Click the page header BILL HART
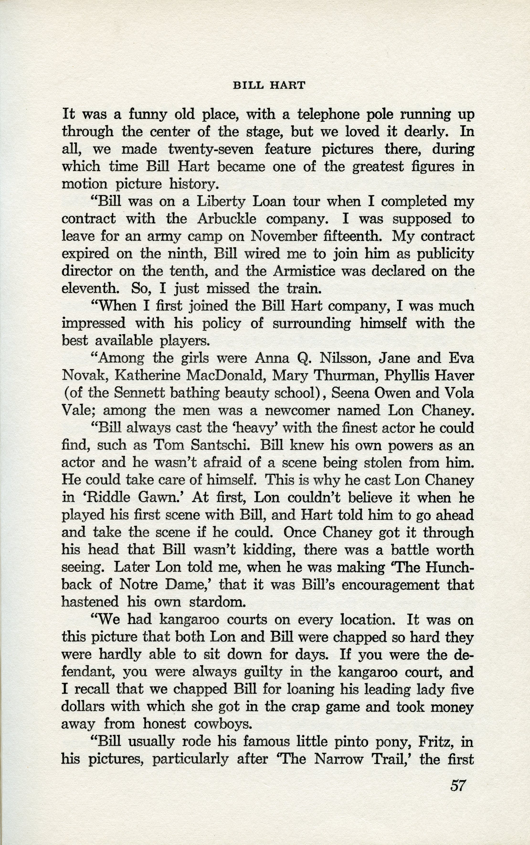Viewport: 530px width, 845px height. [x=269, y=85]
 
